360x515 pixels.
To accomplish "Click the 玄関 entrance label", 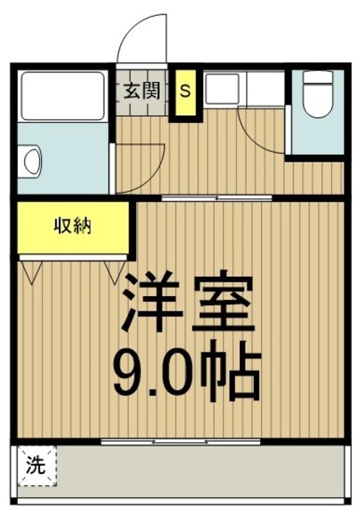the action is [x=142, y=90].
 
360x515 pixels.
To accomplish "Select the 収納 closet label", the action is [x=72, y=225].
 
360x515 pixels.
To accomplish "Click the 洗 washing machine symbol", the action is [x=37, y=466].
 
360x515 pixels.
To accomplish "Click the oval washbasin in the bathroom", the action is [x=32, y=163].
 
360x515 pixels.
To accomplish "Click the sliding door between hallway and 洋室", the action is [x=217, y=198].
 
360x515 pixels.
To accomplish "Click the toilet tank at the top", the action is [x=318, y=77].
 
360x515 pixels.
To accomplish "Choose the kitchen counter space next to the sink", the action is [x=265, y=88].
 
